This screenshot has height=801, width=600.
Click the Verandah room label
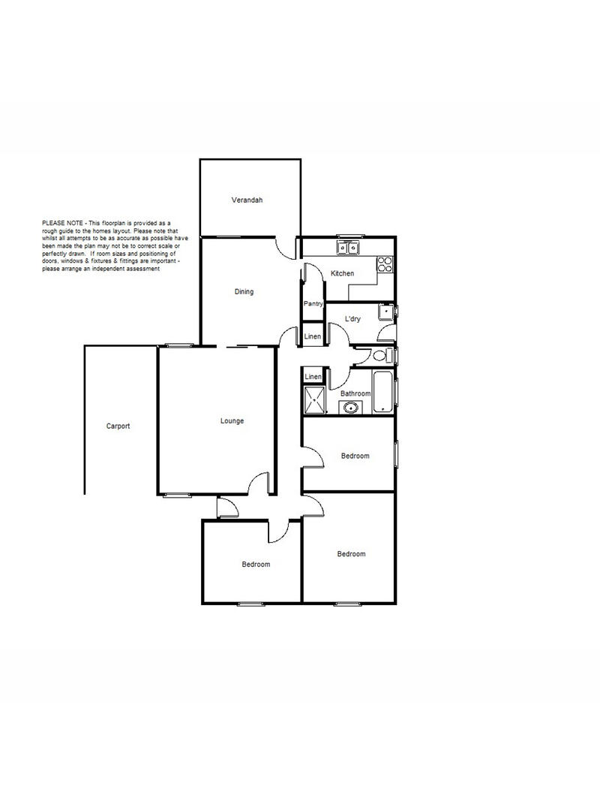coord(247,200)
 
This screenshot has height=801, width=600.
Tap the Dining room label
coord(244,292)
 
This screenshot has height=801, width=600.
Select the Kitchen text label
coord(342,273)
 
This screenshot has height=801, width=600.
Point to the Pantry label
coord(313,303)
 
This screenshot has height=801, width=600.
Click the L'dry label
coord(352,319)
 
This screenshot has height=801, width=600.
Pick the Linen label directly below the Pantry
coord(313,336)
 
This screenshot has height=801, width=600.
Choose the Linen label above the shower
coord(313,377)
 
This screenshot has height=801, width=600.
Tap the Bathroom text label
coord(355,393)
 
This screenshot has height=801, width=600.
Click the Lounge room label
coord(232,421)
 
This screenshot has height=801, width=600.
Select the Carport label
coord(118,426)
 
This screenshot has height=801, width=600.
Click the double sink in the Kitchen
coord(349,248)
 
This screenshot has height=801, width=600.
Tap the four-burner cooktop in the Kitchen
coord(385,264)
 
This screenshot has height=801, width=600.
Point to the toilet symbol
coord(382,356)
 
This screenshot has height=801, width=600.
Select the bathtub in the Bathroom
coord(383,392)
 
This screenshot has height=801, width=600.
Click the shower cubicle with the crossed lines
coord(315,399)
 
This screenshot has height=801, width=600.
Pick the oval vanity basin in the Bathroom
coord(351,408)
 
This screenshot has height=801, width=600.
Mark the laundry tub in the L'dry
coord(386,311)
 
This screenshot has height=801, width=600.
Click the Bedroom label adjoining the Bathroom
coord(355,456)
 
